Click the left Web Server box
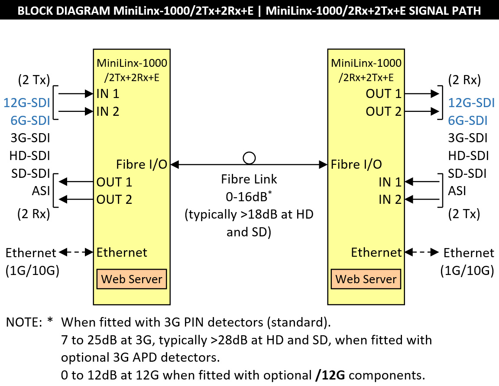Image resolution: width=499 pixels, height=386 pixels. pos(132,279)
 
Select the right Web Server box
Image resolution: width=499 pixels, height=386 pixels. pos(366,279)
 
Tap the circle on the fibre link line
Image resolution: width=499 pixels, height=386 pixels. pos(249,157)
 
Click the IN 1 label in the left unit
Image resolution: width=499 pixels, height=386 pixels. pos(108,93)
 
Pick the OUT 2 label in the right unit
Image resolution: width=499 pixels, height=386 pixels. pos(384,111)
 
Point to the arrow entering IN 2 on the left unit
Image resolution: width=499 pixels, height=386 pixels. pos(76,111)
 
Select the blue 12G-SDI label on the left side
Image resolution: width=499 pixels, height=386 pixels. pos(27,103)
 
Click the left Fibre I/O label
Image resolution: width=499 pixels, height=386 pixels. pos(142,164)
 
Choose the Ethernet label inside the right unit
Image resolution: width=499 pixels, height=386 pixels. pos(376,252)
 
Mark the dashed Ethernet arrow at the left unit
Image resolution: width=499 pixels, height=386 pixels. pos(76,252)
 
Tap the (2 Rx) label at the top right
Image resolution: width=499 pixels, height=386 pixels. pos(465,80)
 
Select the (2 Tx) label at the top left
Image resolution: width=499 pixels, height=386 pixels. pos(34,80)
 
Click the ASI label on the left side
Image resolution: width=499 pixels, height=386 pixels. pos(40,191)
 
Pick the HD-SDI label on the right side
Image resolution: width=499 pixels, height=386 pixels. pos(469,155)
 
